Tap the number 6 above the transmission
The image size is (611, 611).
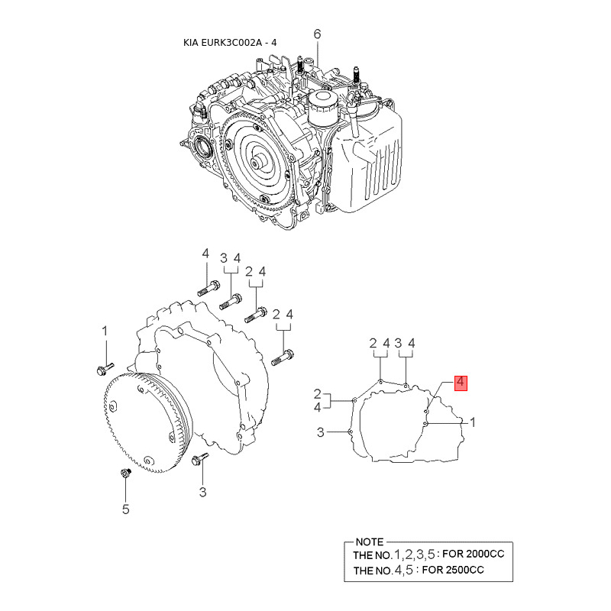(317, 34)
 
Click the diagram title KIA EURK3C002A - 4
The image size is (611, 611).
(230, 43)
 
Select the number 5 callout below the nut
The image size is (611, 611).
(125, 509)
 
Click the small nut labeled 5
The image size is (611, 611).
(125, 474)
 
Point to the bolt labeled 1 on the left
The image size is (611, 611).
(105, 369)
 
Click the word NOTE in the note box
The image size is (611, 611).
(370, 542)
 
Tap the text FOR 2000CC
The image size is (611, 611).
(473, 554)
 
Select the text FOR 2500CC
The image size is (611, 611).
(453, 570)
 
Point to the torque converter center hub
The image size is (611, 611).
(258, 161)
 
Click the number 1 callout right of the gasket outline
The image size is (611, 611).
(473, 422)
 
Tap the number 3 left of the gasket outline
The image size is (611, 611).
(320, 432)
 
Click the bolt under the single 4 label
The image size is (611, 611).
(209, 289)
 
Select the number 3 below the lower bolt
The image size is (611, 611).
(202, 492)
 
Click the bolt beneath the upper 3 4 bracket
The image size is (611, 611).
(231, 302)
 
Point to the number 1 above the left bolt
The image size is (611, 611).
(105, 331)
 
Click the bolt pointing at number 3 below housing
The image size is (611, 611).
(200, 459)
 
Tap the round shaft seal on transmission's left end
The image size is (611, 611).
(202, 147)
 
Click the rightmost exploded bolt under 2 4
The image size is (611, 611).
(282, 357)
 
